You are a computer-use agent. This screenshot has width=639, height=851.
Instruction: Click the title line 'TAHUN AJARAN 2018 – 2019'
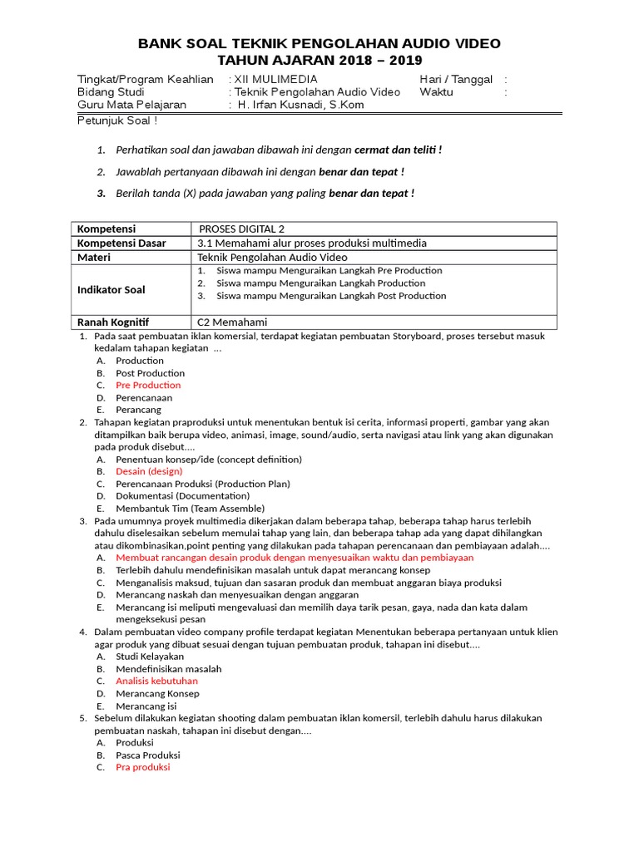tap(319, 61)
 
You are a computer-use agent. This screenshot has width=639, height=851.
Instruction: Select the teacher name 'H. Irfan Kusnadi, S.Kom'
tap(300, 105)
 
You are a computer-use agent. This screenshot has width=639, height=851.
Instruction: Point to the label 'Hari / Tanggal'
tap(456, 80)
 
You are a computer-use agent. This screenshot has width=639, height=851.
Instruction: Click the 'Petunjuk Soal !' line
tap(117, 120)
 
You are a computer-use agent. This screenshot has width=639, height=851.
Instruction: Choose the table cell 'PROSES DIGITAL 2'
tap(246, 229)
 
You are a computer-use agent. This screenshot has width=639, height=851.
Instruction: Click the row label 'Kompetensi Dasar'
tap(121, 243)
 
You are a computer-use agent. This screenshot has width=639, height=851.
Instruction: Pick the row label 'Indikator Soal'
tap(111, 290)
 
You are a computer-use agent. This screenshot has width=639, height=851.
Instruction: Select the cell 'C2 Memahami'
tap(232, 322)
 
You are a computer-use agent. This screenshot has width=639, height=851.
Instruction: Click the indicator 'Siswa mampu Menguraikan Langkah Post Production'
tap(331, 296)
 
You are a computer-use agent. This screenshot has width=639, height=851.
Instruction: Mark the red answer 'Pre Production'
tap(148, 386)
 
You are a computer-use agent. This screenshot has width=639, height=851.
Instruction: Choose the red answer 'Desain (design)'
tap(149, 471)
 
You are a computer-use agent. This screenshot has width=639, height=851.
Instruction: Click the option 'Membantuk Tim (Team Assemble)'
tap(190, 509)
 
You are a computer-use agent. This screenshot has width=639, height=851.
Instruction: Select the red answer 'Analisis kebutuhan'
tap(156, 681)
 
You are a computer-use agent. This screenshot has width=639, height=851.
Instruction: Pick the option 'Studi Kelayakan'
tap(150, 657)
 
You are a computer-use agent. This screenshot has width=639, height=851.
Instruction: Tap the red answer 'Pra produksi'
tap(142, 767)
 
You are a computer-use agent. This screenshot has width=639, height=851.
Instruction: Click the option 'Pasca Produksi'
tap(148, 755)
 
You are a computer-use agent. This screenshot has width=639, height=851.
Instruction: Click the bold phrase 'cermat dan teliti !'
tap(398, 150)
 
